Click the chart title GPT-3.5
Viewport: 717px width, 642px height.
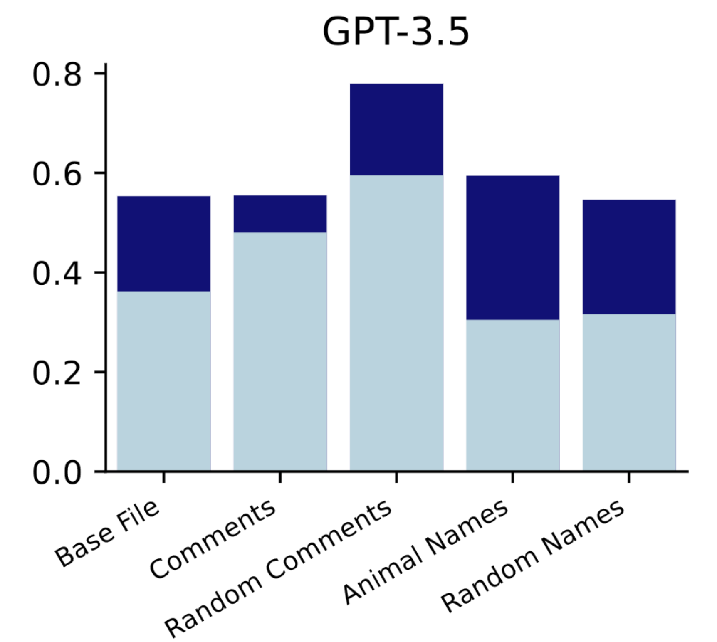click(x=396, y=32)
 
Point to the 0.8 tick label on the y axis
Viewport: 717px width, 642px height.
click(x=57, y=75)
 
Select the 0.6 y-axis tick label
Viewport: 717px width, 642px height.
click(x=57, y=174)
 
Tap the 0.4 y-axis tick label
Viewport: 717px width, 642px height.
click(x=57, y=274)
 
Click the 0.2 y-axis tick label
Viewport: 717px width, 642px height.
click(x=57, y=373)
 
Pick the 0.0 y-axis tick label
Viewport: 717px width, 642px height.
click(x=57, y=473)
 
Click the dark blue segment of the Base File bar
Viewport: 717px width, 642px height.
click(x=164, y=244)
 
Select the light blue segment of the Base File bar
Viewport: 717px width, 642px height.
click(x=164, y=381)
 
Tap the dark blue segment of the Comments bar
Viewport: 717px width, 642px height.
click(x=280, y=214)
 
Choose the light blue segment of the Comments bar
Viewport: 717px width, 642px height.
click(x=280, y=351)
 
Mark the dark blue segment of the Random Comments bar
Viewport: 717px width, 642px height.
click(x=396, y=129)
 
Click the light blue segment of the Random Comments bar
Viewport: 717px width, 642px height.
click(x=396, y=323)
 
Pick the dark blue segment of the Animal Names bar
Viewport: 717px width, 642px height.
click(x=512, y=248)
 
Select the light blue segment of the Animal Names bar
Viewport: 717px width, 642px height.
click(x=512, y=395)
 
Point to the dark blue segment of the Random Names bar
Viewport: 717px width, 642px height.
click(x=629, y=257)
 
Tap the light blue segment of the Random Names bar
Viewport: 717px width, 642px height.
click(x=629, y=392)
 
